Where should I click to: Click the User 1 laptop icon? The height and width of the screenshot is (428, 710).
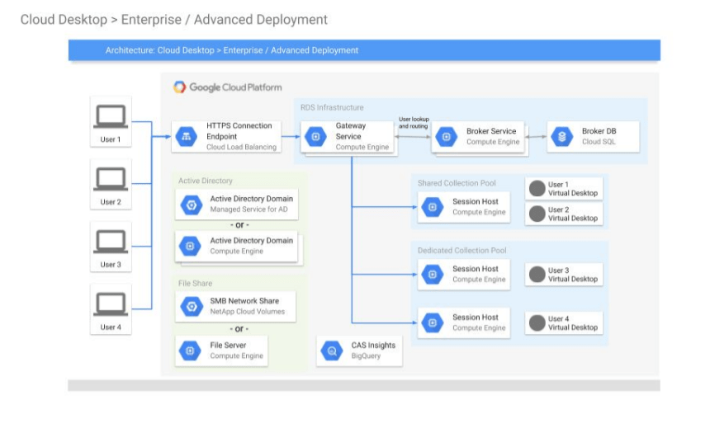point(111,117)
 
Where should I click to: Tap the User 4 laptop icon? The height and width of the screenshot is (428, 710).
point(111,304)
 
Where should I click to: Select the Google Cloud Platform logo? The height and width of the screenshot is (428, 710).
point(180,87)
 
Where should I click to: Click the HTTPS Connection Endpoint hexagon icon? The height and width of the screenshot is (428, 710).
point(186,136)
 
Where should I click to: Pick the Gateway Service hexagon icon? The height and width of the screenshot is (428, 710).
point(315,136)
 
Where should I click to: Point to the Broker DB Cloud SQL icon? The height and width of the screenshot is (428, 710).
point(562,136)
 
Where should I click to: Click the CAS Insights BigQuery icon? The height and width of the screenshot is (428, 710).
point(331,350)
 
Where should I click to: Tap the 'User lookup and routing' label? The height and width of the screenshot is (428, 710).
point(414,123)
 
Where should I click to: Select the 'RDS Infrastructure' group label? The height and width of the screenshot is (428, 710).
point(332,107)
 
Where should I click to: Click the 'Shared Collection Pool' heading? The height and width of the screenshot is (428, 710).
point(457,183)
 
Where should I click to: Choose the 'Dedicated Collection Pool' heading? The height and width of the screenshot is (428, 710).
point(461,250)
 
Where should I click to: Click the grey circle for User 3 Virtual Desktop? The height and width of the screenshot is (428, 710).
point(537,274)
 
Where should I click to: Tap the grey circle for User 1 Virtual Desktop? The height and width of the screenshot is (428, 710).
point(537,188)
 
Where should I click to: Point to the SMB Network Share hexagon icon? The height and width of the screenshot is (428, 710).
point(192,306)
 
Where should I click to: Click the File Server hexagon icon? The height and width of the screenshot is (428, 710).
point(190,350)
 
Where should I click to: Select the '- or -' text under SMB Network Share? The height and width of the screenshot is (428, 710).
point(239,328)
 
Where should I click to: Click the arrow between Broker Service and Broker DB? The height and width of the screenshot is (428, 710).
point(536,137)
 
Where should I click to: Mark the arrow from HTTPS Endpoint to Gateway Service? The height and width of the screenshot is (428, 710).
point(291,136)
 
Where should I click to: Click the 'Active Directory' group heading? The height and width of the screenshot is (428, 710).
point(205,181)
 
